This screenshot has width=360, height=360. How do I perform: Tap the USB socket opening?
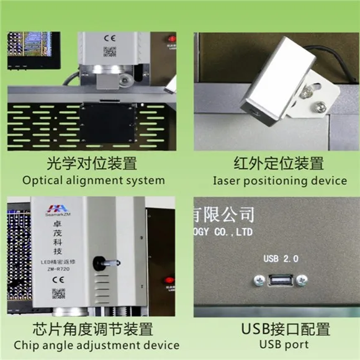click(x=279, y=280)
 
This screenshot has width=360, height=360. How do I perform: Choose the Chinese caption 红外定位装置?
click(x=279, y=164)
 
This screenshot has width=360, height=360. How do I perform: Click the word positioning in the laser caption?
click(x=276, y=181)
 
